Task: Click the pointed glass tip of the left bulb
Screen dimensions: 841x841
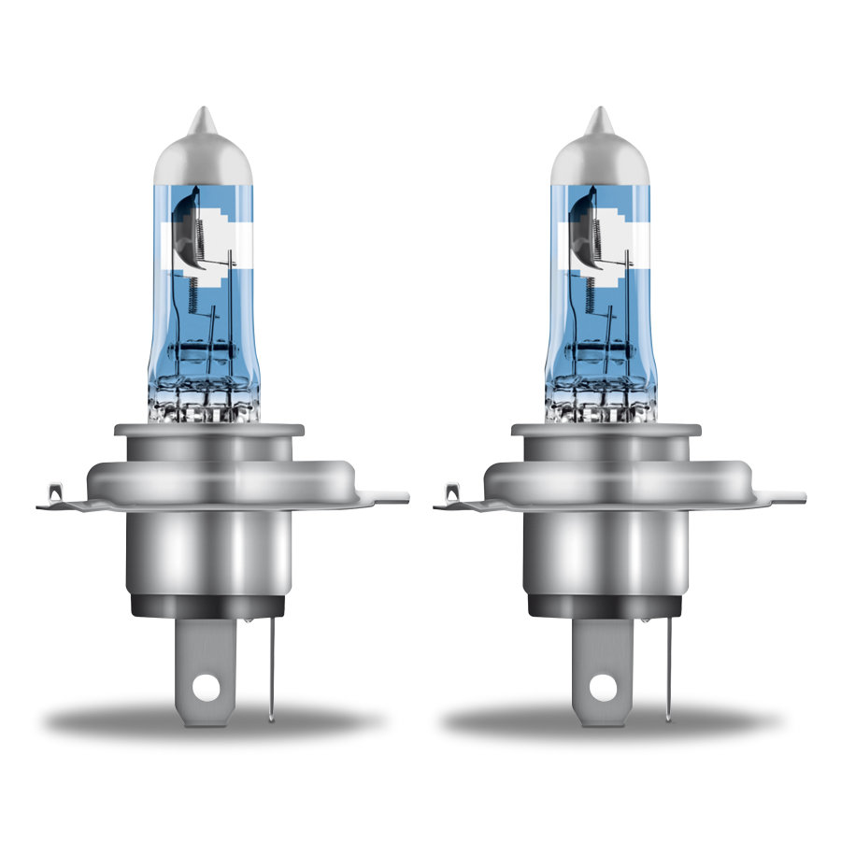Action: (201, 119)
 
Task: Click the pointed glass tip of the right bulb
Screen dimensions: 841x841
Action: (597, 119)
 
